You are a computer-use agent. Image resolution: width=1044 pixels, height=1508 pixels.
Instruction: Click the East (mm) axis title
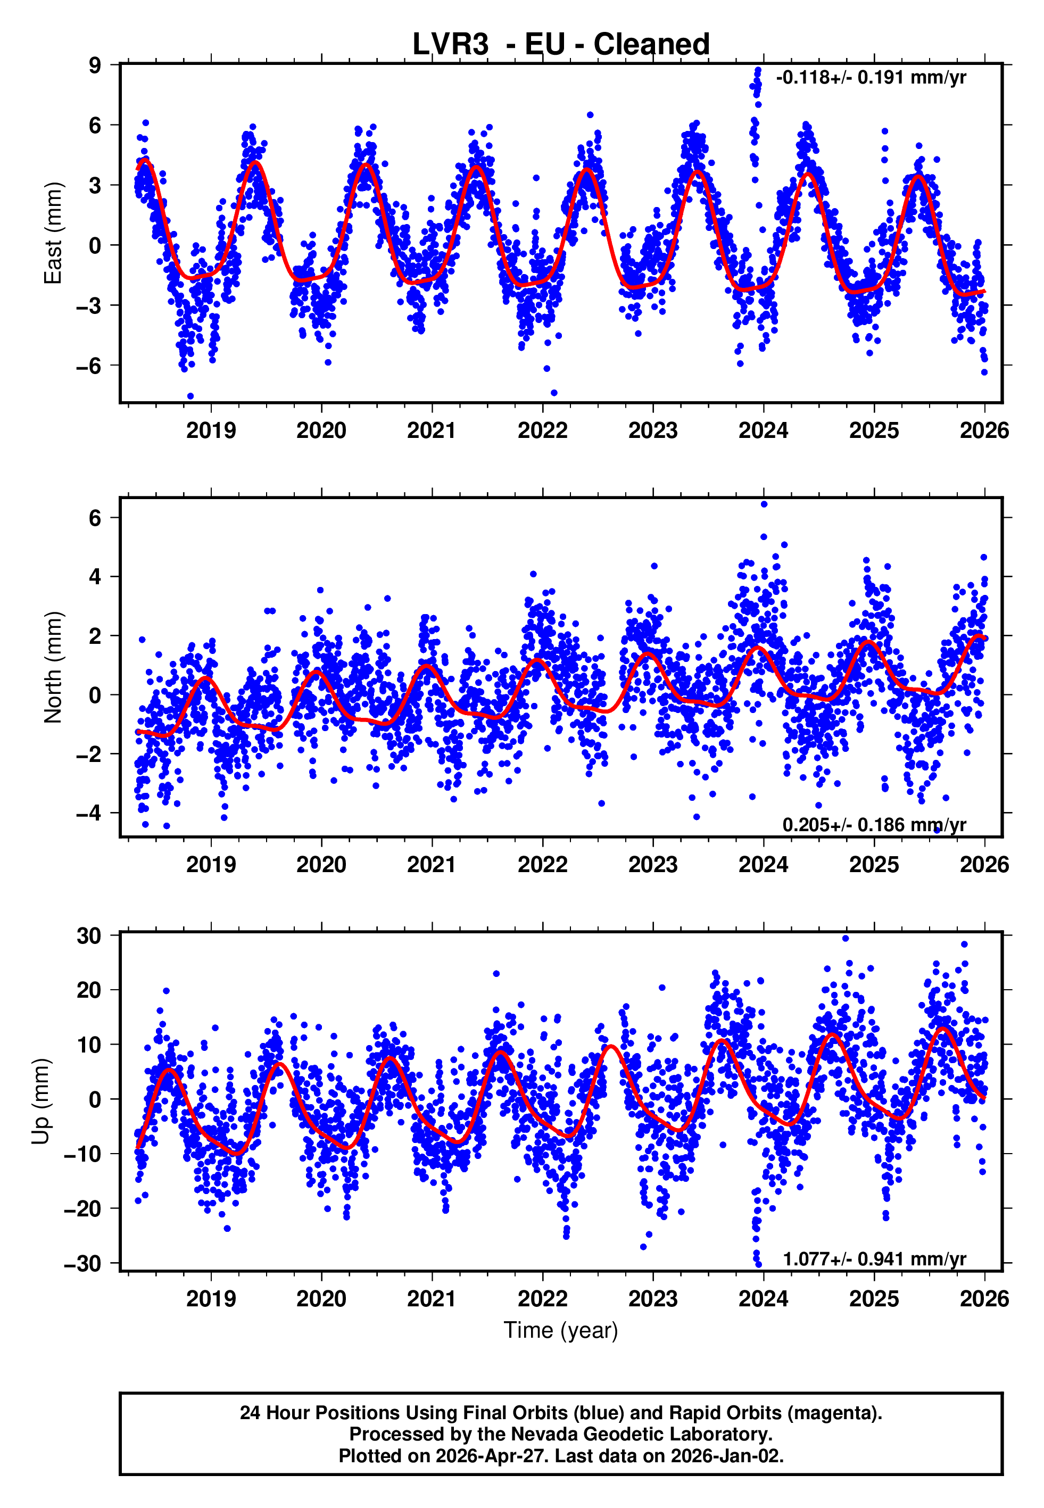[53, 233]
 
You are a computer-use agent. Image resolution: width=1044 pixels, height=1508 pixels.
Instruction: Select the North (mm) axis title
[53, 667]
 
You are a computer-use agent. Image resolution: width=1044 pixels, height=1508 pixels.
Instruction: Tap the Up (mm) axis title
[40, 1101]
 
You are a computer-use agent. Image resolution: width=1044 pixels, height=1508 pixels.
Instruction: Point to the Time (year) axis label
[561, 1330]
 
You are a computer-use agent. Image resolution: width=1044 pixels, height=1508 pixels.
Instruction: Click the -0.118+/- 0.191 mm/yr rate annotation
[871, 78]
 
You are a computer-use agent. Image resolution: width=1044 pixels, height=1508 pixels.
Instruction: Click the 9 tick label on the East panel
[95, 65]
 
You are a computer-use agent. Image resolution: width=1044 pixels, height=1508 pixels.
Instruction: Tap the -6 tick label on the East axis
[89, 366]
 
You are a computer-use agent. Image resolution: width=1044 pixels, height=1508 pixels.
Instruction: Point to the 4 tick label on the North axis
[95, 577]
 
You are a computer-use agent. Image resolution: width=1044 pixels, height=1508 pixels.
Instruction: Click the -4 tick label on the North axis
[89, 814]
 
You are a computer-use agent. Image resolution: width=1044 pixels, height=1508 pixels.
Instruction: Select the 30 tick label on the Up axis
[89, 936]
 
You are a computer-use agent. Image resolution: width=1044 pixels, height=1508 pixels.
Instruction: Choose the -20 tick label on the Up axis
[82, 1208]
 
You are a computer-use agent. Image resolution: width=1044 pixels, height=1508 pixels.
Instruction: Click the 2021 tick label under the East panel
[432, 430]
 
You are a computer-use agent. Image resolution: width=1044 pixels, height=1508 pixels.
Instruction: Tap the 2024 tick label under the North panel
[764, 865]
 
